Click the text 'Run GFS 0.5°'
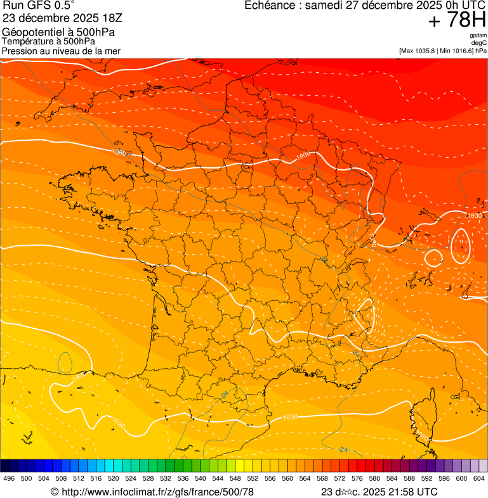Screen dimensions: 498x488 point(38,6)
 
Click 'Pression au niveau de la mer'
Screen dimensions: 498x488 point(61,51)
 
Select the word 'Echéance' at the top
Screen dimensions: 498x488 point(272,6)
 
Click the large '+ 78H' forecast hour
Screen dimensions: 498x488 point(457,20)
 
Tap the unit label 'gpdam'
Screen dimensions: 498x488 point(478,35)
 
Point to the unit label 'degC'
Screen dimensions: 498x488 point(479,42)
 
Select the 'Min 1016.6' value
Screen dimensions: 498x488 point(458,50)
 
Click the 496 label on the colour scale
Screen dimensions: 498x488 point(9,478)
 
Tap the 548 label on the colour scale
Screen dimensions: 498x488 point(235,478)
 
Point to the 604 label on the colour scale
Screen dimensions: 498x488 point(478,478)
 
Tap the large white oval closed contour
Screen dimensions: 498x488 point(460,246)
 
